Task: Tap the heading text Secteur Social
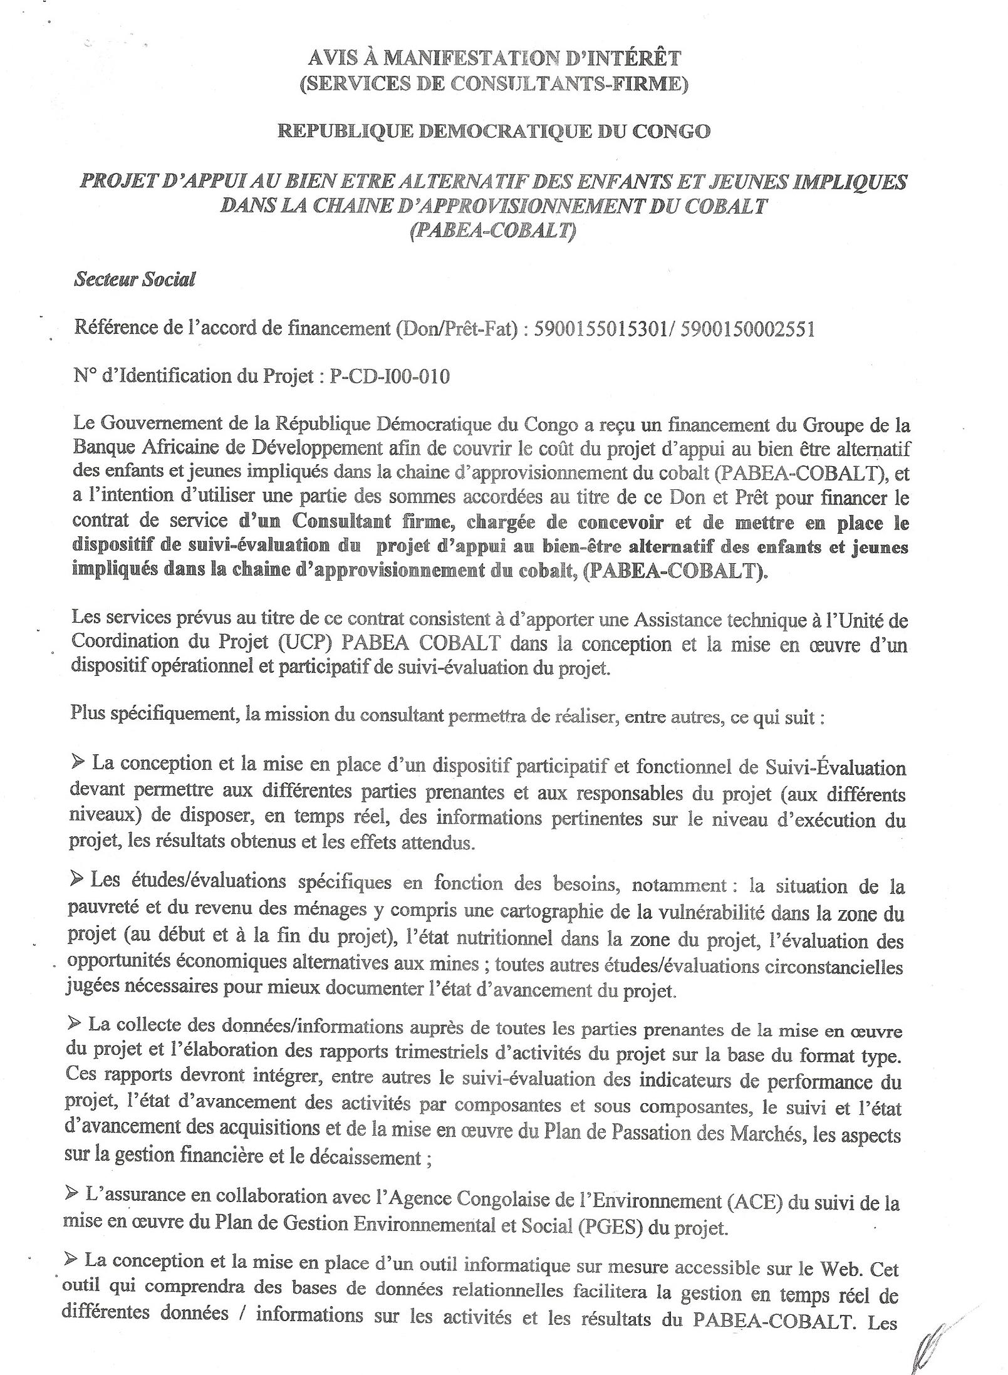134,279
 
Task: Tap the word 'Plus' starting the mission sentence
88,714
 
